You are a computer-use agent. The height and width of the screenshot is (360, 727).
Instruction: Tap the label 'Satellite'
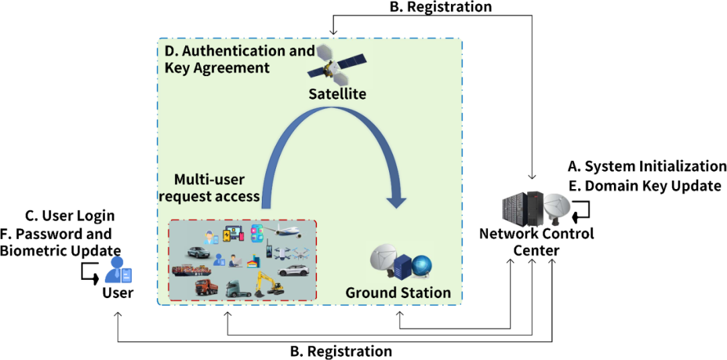pos(337,94)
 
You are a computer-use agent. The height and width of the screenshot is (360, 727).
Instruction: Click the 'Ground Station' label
pos(398,293)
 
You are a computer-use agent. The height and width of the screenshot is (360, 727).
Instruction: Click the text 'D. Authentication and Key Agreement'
pos(239,59)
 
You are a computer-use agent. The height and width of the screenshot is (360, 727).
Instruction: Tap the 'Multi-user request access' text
pos(215,188)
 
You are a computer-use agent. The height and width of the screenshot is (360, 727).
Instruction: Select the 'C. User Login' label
pos(70,216)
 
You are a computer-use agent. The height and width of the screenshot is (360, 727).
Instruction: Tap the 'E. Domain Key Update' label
pos(645,186)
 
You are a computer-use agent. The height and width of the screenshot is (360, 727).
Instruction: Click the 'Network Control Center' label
pos(536,242)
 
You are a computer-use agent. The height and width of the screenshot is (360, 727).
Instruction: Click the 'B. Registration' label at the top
pos(440,7)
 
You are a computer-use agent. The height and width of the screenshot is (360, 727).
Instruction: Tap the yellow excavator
pos(269,285)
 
